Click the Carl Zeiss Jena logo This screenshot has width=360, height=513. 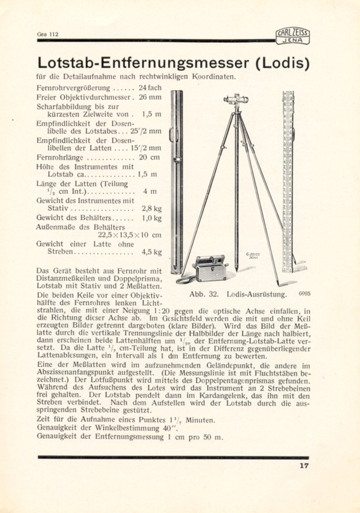293,37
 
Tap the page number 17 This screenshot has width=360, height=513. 304,466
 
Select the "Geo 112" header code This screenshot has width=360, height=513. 47,34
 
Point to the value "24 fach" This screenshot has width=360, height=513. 150,88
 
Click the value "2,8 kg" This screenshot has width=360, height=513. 151,209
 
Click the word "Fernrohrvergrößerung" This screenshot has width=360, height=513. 73,88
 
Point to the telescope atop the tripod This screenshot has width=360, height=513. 236,99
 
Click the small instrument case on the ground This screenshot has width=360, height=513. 209,268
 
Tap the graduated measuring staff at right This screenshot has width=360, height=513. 287,181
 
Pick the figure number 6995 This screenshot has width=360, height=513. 304,293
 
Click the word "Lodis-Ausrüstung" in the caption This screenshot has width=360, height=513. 257,294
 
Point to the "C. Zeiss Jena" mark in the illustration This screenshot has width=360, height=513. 253,256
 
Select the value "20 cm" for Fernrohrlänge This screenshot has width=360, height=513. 149,157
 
